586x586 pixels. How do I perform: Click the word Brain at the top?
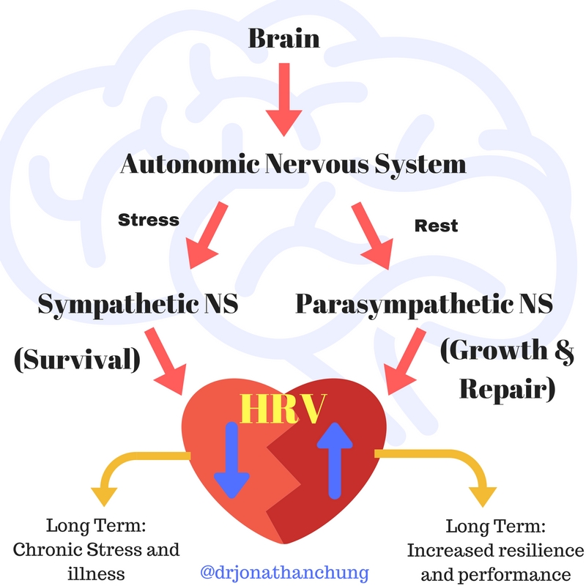pyautogui.click(x=284, y=37)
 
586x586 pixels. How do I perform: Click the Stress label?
pyautogui.click(x=149, y=219)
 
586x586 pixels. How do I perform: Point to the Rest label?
pyautogui.click(x=436, y=226)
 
